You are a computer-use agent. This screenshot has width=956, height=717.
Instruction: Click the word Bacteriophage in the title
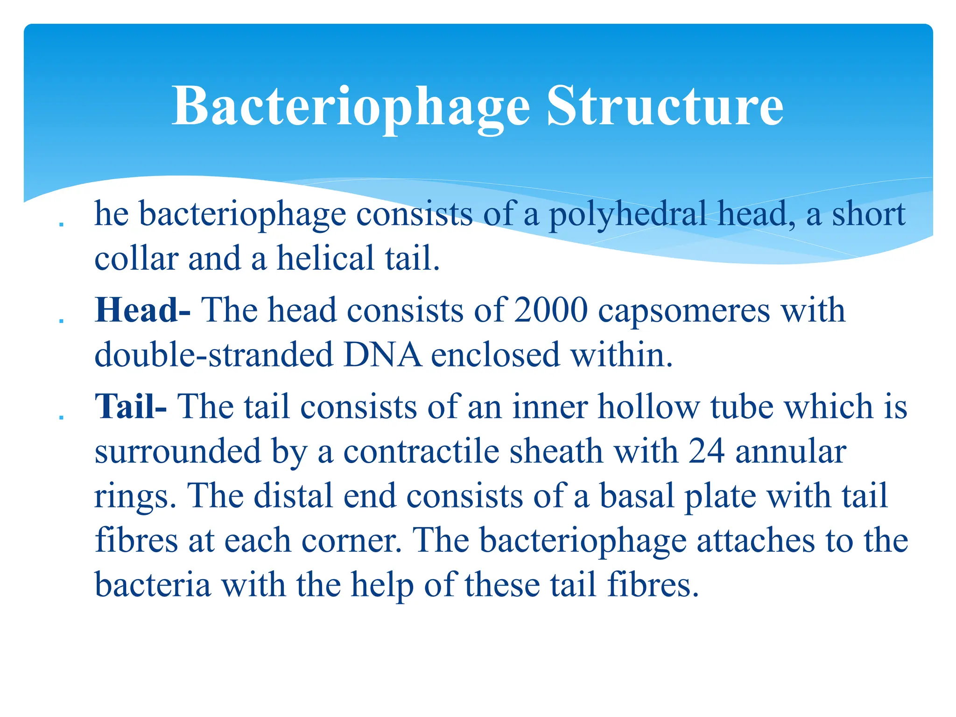pos(351,106)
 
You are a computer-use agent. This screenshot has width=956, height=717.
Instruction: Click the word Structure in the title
pos(665,106)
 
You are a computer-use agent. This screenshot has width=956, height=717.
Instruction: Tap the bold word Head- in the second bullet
pos(142,310)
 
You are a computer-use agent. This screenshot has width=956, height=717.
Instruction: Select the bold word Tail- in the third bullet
pos(131,406)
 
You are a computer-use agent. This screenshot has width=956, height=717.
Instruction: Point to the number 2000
pos(551,310)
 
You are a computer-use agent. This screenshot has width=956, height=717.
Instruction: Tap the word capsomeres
pos(684,311)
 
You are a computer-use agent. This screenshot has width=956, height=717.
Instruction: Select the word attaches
pos(756,540)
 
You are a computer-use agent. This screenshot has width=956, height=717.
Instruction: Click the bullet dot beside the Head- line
pos(61,321)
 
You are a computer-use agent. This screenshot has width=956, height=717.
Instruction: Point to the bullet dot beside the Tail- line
pos(61,417)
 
